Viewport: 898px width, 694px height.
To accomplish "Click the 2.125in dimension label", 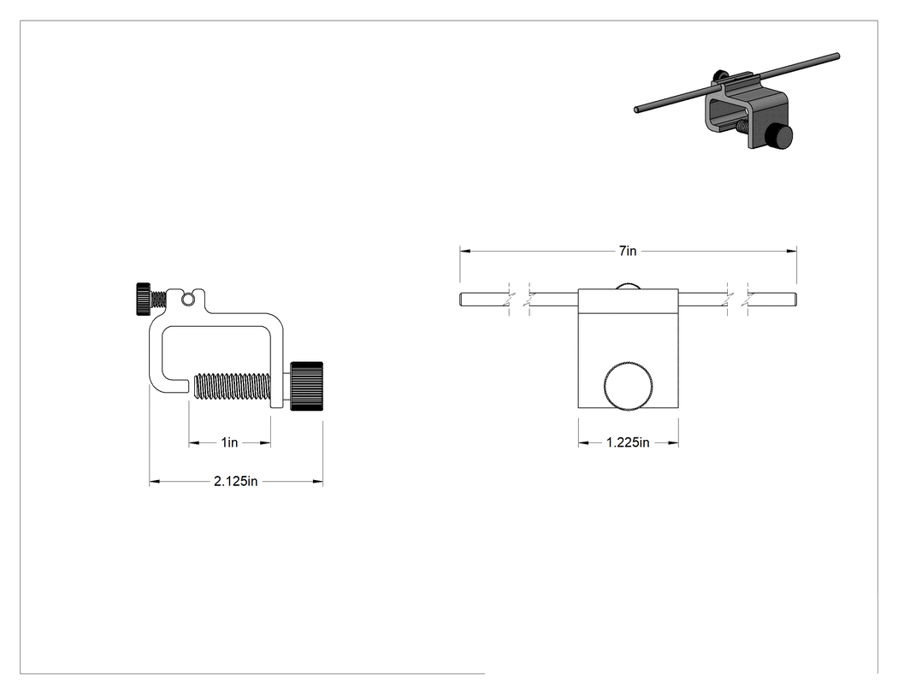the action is pyautogui.click(x=235, y=482).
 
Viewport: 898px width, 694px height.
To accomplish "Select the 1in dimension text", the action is pyautogui.click(x=230, y=442).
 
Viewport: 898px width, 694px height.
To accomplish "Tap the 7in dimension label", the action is pyautogui.click(x=628, y=251).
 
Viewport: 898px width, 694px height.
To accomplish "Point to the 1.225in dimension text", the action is pyautogui.click(x=628, y=442).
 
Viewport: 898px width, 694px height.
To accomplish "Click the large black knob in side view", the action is pyautogui.click(x=306, y=386).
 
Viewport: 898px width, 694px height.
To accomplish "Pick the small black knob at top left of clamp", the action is pyautogui.click(x=144, y=299).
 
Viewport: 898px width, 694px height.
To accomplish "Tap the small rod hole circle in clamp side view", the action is pyautogui.click(x=187, y=299).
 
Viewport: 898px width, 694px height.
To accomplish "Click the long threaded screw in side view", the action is pyautogui.click(x=233, y=386).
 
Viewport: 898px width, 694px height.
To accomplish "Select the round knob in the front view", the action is pyautogui.click(x=629, y=386).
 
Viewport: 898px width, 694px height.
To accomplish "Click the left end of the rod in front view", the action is pyautogui.click(x=460, y=300).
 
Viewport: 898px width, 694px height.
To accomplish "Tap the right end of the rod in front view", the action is pyautogui.click(x=795, y=300).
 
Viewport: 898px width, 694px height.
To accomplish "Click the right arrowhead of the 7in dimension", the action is pyautogui.click(x=791, y=251).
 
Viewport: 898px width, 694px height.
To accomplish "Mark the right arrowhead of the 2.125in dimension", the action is pyautogui.click(x=318, y=482).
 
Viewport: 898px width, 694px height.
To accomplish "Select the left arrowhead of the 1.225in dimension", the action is pyautogui.click(x=583, y=442).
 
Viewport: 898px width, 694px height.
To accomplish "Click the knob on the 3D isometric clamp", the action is pyautogui.click(x=780, y=138).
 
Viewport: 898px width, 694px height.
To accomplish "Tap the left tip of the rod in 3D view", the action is pyautogui.click(x=636, y=110).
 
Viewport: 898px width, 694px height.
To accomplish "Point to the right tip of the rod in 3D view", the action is pyautogui.click(x=837, y=56).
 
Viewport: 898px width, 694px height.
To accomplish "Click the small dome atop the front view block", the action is pyautogui.click(x=628, y=286).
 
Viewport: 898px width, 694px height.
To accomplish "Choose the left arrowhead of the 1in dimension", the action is pyautogui.click(x=194, y=442).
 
